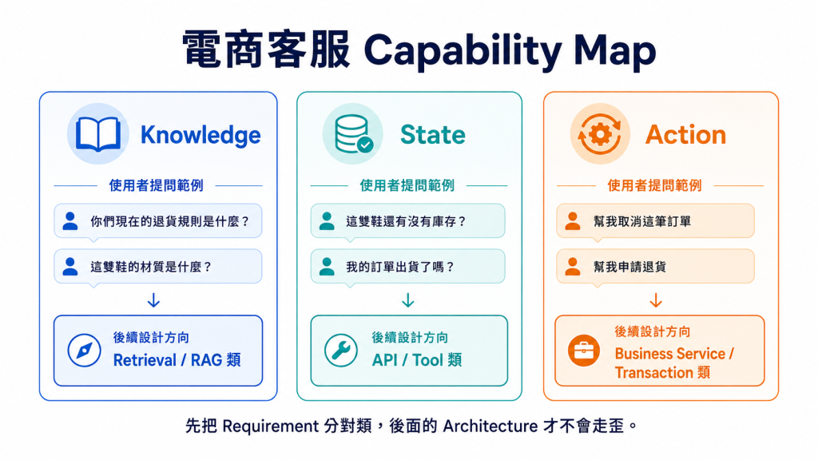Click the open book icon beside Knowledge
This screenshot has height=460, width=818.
(x=98, y=134)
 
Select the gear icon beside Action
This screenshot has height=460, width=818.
(x=600, y=134)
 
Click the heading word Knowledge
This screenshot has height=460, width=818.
(x=201, y=135)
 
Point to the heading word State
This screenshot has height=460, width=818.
(x=432, y=134)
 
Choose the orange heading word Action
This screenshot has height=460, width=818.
(x=685, y=134)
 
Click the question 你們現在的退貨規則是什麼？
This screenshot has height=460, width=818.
(x=170, y=221)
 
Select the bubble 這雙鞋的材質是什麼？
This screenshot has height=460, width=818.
(x=151, y=267)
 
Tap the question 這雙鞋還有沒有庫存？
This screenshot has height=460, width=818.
(x=407, y=221)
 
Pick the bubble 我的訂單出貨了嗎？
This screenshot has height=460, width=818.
(x=400, y=267)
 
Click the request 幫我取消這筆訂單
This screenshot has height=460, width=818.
(x=642, y=221)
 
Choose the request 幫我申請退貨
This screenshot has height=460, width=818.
(x=629, y=267)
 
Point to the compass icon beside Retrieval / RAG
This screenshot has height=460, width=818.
(x=84, y=351)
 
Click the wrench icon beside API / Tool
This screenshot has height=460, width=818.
(x=340, y=351)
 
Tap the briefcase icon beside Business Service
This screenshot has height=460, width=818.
(x=584, y=351)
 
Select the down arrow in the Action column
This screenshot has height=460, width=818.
(x=656, y=300)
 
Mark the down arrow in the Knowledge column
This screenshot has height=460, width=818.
(x=153, y=300)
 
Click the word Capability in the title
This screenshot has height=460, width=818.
(x=463, y=51)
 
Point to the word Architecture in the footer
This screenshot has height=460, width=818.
(x=490, y=426)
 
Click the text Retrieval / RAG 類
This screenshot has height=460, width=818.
(x=177, y=360)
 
